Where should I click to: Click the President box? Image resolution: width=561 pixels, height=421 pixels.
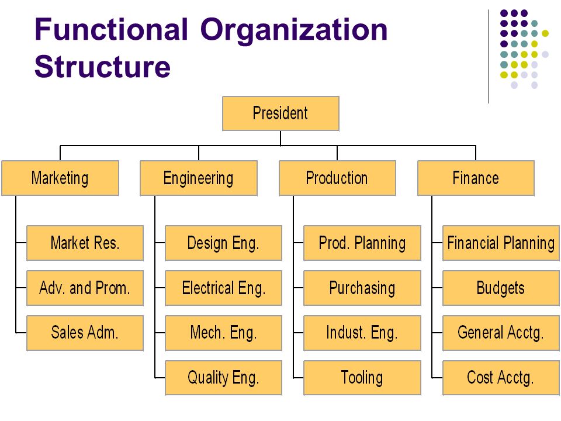280,113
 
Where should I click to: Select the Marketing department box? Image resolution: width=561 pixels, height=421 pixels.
60,178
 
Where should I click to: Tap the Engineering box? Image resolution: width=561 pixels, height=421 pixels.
199,178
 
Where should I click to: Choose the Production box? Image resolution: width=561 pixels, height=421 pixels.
337,178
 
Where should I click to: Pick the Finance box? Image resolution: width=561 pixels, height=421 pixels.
476,178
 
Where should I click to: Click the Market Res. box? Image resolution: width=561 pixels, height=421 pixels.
85,243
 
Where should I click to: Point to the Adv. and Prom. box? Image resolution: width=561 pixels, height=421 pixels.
85,288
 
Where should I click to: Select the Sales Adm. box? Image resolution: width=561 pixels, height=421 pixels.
85,333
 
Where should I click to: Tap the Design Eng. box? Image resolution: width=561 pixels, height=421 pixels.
224,243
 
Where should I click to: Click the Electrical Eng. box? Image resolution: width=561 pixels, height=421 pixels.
224,288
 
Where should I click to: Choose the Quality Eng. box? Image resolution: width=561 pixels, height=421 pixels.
224,378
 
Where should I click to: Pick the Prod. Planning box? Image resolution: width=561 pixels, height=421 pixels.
362,243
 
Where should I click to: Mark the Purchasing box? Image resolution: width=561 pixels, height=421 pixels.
362,288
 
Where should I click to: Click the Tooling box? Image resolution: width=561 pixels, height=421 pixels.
362,378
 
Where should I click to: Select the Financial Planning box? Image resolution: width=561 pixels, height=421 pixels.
501,243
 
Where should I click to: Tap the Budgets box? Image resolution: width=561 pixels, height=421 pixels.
501,288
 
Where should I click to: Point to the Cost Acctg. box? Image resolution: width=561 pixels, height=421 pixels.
501,378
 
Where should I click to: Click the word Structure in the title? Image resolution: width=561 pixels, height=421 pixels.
103,67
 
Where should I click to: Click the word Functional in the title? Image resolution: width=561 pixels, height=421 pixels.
111,29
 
